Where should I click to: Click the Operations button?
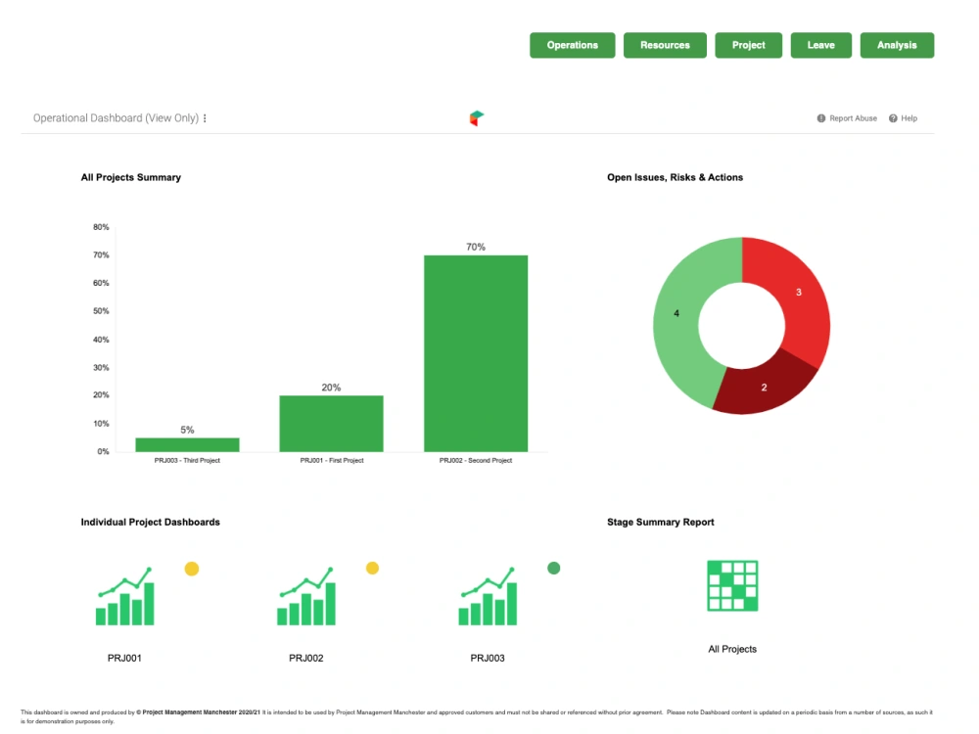(x=573, y=45)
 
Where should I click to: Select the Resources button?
(x=665, y=45)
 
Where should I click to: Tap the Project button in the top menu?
(x=749, y=45)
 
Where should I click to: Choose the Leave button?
(x=820, y=45)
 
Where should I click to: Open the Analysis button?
(x=897, y=45)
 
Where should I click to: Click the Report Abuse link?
(x=848, y=118)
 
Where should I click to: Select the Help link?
(x=904, y=118)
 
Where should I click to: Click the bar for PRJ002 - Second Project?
(x=476, y=352)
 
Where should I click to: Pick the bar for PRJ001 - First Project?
(x=331, y=423)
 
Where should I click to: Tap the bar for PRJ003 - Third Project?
(x=187, y=444)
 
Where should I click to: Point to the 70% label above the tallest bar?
(x=476, y=248)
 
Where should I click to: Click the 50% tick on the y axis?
(x=101, y=311)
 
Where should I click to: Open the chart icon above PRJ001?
(x=125, y=596)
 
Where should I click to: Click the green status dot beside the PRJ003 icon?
(x=553, y=568)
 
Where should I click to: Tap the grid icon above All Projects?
(x=732, y=586)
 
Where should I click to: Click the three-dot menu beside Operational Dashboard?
(x=205, y=118)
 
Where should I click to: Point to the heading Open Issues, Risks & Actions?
(x=675, y=177)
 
